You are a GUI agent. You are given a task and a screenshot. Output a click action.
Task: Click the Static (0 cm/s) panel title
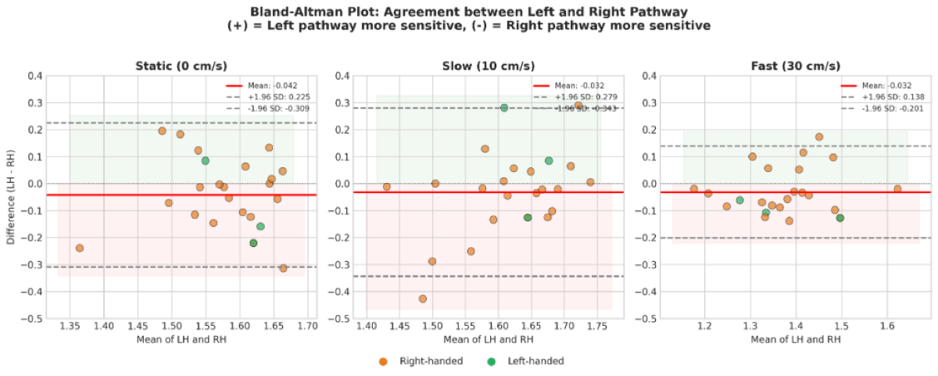point(181,66)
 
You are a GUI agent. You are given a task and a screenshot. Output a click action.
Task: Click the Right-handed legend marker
point(383,361)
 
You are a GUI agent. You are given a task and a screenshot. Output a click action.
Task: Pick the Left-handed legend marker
point(491,361)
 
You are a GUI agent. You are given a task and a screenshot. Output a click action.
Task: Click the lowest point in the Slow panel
point(423,299)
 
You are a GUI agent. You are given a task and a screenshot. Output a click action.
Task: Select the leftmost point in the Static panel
point(79,248)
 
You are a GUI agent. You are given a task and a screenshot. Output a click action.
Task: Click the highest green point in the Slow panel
point(504,108)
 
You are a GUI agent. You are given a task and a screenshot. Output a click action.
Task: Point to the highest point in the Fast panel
point(819,137)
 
